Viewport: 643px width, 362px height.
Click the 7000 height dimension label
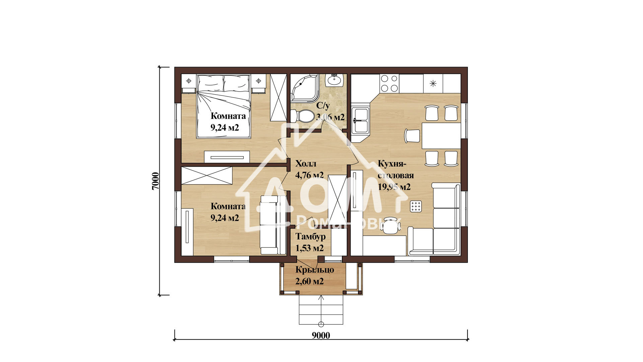click(155, 181)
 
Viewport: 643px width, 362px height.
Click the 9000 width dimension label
click(321, 336)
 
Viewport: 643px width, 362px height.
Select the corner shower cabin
click(305, 88)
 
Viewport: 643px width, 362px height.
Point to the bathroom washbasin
click(334, 80)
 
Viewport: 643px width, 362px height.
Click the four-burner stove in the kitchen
click(389, 83)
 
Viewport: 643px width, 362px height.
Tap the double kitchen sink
click(360, 119)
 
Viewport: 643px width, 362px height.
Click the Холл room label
click(305, 164)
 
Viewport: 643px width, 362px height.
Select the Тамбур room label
click(310, 237)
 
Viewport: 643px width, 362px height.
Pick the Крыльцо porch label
click(314, 270)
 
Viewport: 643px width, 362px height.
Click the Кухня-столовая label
click(396, 170)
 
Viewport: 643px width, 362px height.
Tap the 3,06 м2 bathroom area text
click(330, 117)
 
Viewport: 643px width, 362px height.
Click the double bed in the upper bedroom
click(224, 106)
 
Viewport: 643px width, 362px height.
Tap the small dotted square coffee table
click(416, 206)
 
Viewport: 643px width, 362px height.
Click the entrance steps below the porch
click(321, 310)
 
